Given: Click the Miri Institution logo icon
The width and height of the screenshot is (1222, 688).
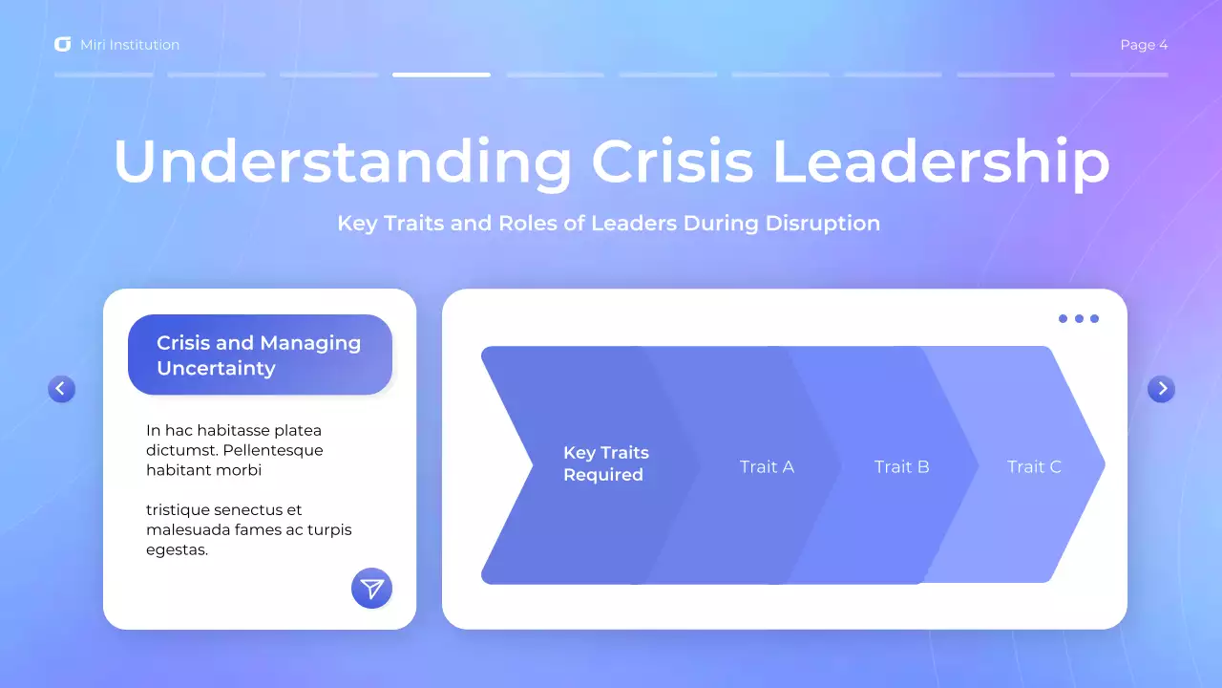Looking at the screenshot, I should click(63, 45).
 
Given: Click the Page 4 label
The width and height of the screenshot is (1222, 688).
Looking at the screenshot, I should click(1144, 45).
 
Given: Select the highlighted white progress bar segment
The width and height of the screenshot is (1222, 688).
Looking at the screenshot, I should click(441, 75).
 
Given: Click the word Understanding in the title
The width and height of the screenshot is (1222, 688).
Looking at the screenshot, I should click(342, 162).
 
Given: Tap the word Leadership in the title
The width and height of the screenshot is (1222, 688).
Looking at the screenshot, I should click(940, 162).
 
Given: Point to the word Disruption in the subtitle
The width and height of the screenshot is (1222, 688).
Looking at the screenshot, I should click(822, 224).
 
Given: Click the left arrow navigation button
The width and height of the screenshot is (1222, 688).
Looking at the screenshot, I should click(61, 389).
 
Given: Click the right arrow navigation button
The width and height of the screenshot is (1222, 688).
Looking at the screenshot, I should click(1161, 389).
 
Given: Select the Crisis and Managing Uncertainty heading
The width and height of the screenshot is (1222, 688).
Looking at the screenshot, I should click(259, 355).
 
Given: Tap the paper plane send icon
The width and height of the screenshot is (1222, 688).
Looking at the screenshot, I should click(371, 589).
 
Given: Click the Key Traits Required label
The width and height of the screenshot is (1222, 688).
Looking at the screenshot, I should click(605, 464).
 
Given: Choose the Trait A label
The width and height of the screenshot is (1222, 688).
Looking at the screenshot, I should click(767, 467).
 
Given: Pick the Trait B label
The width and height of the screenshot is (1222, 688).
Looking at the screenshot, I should click(901, 467).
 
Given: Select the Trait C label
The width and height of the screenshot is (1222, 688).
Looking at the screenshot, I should click(1034, 467).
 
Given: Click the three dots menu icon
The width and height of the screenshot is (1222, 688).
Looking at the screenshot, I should click(1079, 319).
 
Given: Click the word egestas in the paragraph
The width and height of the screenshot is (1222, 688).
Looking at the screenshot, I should click(177, 550).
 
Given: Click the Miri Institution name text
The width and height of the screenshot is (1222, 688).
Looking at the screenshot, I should click(130, 45).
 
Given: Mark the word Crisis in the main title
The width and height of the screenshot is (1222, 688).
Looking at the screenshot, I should click(672, 162).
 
